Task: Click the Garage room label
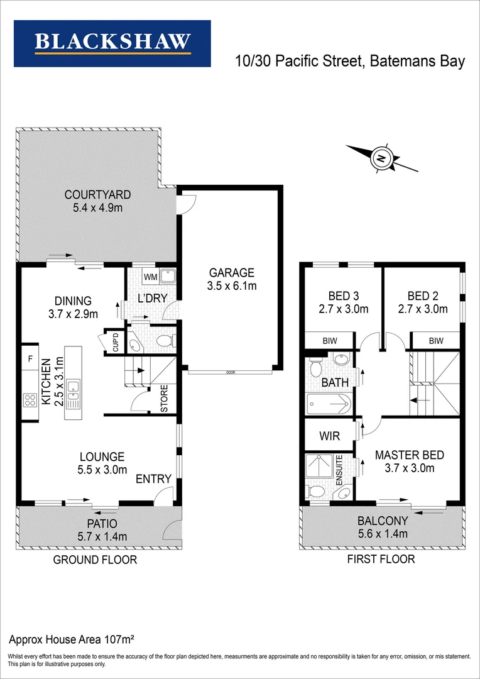(232, 273)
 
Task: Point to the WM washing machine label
(151, 277)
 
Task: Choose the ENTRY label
(154, 479)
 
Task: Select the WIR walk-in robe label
(329, 435)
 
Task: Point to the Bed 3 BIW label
(329, 341)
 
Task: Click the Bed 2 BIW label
(436, 341)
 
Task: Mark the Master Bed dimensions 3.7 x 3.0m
(410, 468)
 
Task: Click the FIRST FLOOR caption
(381, 559)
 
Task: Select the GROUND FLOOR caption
(95, 560)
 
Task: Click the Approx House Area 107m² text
(71, 640)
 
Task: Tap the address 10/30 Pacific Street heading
(350, 61)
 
